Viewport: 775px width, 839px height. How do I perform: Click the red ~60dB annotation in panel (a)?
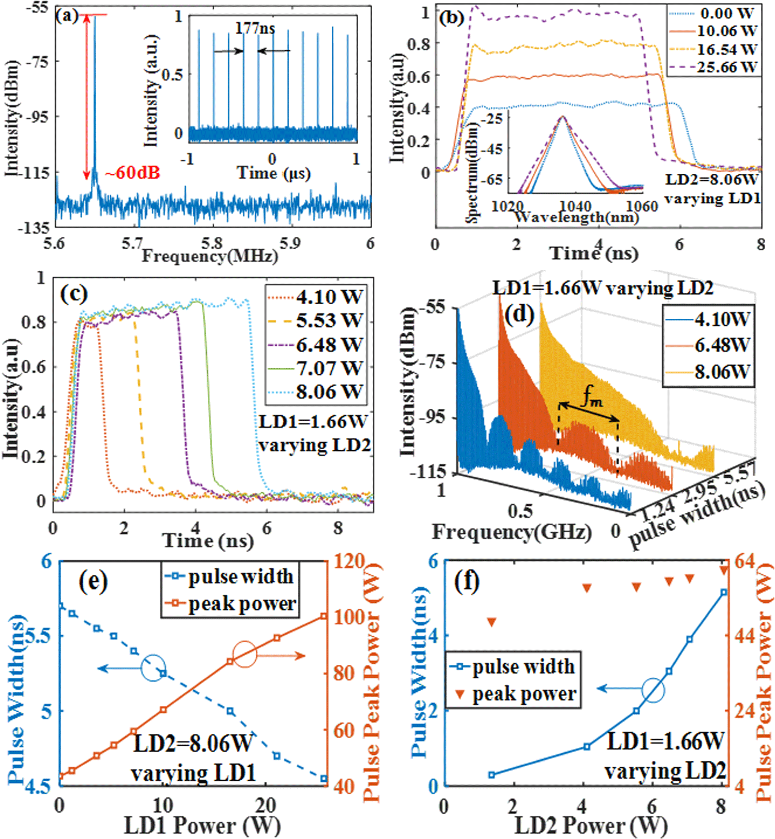(132, 173)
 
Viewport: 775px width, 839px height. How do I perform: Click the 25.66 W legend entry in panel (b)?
(727, 67)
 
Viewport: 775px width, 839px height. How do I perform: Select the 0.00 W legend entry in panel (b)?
(727, 13)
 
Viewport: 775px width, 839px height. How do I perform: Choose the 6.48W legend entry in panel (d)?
(721, 346)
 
